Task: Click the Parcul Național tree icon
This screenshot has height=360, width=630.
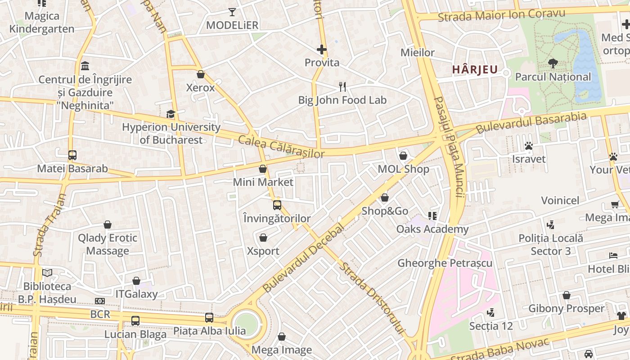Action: coord(553,63)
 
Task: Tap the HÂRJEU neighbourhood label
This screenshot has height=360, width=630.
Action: coord(474,69)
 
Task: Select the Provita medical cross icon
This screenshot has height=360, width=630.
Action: coord(322,49)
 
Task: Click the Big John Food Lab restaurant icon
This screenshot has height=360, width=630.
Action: coord(342,87)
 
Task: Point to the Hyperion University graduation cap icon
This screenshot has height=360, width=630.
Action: coord(171,114)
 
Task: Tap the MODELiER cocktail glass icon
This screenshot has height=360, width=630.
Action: coord(232,12)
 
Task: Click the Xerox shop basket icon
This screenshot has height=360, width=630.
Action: coord(201,74)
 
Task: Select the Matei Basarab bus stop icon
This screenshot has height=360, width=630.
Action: coord(72,155)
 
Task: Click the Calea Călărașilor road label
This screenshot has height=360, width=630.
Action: coord(281,147)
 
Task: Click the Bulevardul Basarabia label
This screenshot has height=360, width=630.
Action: coord(531,122)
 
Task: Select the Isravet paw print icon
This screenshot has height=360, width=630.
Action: coord(529,146)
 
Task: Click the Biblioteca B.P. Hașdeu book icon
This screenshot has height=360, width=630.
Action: coord(47,273)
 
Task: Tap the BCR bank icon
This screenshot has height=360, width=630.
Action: coord(100,301)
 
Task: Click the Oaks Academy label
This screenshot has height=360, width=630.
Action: coord(432,229)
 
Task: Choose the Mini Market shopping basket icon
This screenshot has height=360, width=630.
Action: coord(263,169)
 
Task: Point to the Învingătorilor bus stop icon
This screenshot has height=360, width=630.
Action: coord(277,205)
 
